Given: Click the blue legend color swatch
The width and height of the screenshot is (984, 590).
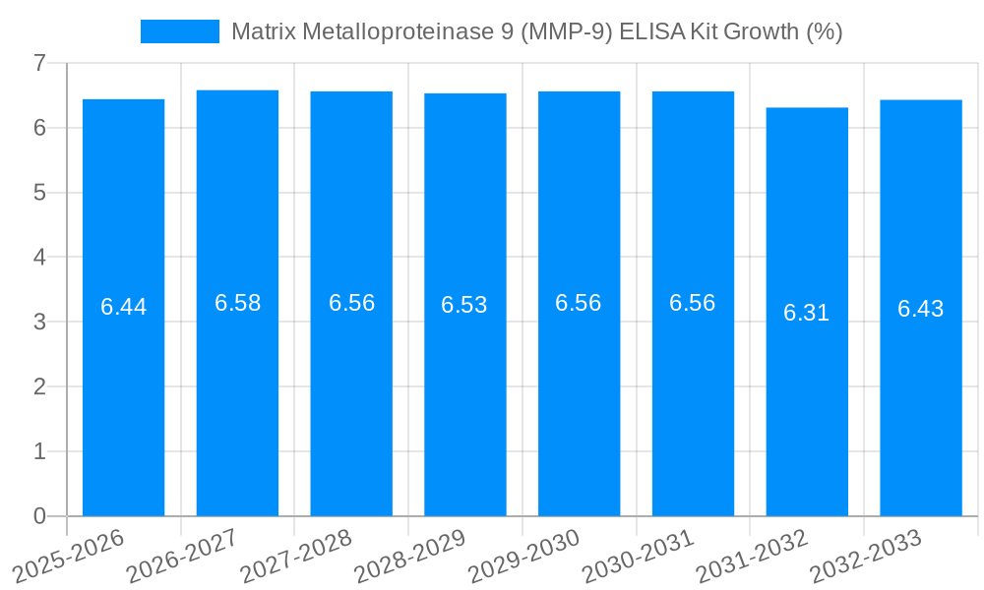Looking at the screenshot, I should [180, 31].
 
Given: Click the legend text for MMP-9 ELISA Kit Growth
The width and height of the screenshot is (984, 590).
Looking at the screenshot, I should [536, 31].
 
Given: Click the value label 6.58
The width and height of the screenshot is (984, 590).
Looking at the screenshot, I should [238, 303].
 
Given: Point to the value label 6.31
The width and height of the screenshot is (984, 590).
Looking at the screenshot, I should [807, 313].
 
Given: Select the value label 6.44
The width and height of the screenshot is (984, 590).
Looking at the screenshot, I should [124, 307].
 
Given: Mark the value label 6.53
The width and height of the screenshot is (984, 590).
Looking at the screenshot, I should [464, 305].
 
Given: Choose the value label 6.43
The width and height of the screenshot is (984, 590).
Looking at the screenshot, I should [921, 309].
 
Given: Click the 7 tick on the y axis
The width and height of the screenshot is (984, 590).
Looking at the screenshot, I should [39, 63].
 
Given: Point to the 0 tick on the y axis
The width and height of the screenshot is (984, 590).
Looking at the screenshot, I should [39, 516].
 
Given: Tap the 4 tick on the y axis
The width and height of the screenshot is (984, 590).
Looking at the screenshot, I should [39, 257].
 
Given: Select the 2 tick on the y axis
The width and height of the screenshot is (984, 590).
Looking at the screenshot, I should [39, 386].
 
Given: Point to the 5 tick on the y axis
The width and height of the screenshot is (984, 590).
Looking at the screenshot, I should [39, 193].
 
